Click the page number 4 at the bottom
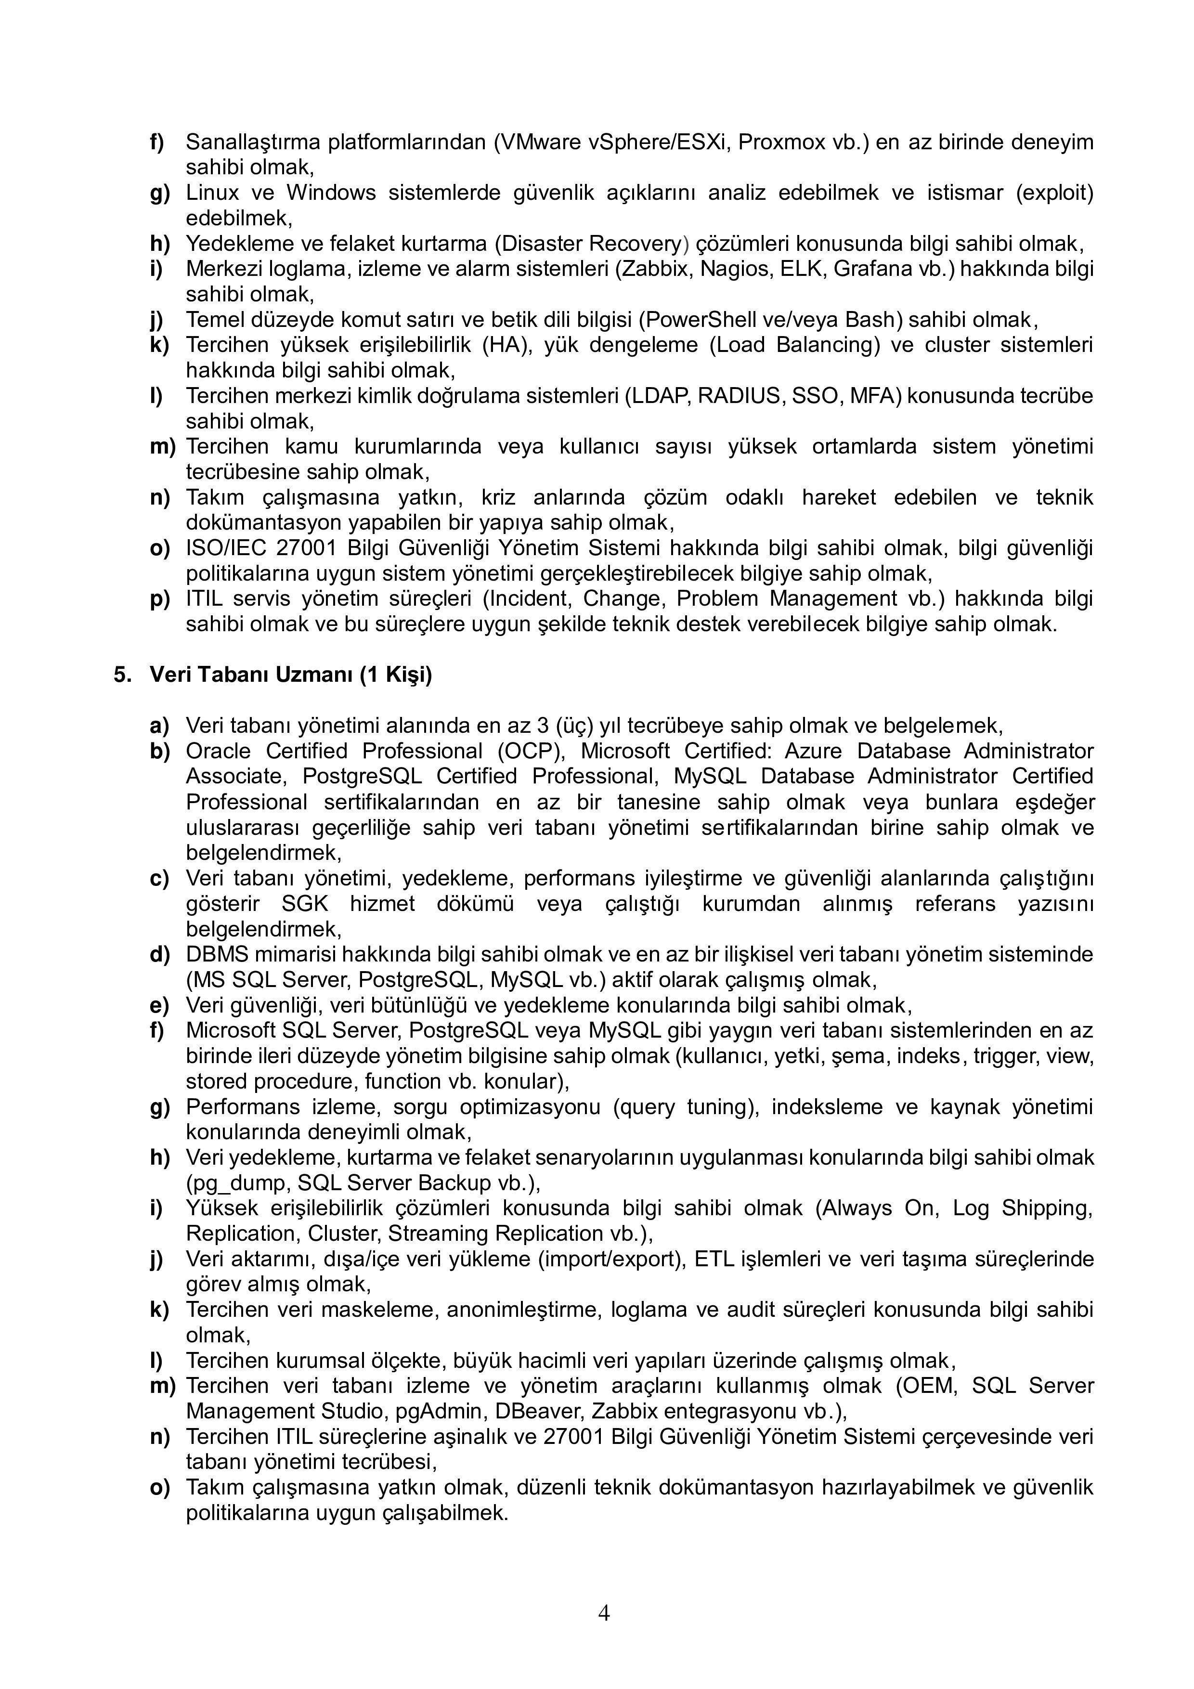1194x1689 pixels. [x=603, y=1612]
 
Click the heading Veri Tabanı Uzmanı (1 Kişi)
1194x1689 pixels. [x=291, y=675]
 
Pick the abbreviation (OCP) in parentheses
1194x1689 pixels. [x=526, y=751]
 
